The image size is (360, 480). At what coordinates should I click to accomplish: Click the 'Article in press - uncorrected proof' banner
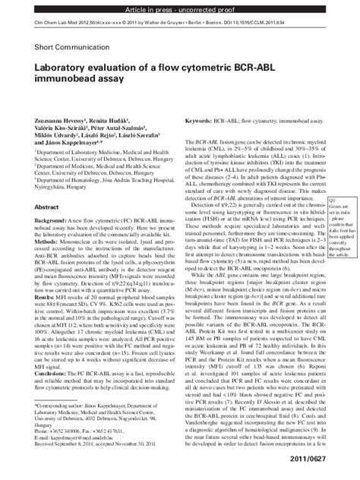pos(180,5)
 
